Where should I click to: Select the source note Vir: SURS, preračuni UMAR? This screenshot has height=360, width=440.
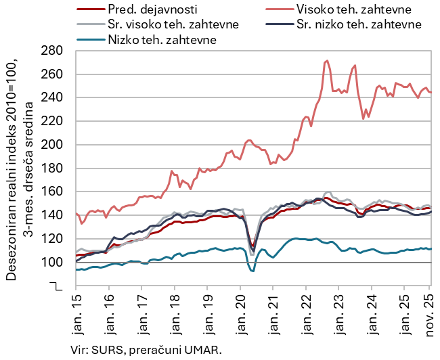pos(146,349)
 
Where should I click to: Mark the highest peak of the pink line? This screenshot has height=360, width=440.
pos(328,61)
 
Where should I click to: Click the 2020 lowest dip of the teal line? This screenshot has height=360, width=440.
pos(252,271)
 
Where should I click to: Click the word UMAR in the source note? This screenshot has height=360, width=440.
pos(205,349)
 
